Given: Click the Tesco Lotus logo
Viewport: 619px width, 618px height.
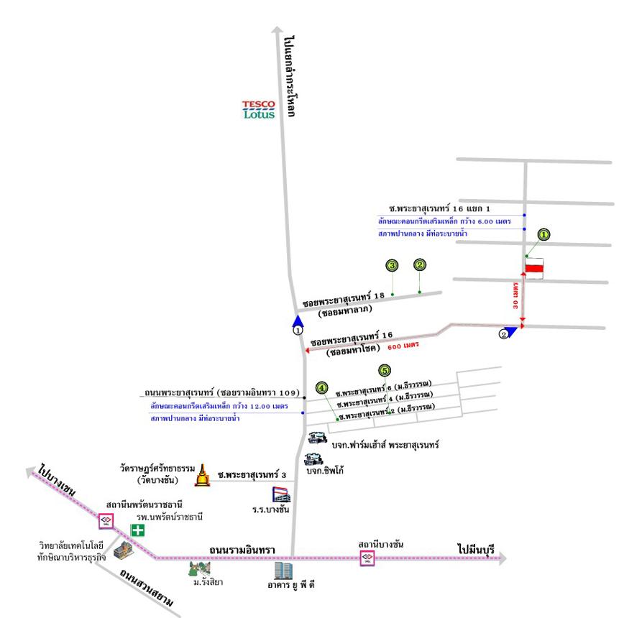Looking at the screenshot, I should pyautogui.click(x=258, y=109).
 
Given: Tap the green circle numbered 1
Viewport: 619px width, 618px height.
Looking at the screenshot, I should pyautogui.click(x=544, y=234).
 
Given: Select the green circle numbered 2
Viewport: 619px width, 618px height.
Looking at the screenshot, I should pyautogui.click(x=420, y=264).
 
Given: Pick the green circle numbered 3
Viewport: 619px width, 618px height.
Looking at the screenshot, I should pyautogui.click(x=392, y=266).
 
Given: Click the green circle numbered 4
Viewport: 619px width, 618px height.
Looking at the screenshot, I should pyautogui.click(x=322, y=388).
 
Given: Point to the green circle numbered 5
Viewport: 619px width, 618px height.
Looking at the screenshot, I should pyautogui.click(x=385, y=370).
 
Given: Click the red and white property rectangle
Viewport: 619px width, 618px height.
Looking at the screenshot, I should pyautogui.click(x=534, y=267).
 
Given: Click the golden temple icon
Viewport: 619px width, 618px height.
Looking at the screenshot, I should pyautogui.click(x=204, y=474).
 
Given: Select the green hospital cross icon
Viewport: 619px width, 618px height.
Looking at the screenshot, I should pyautogui.click(x=137, y=530).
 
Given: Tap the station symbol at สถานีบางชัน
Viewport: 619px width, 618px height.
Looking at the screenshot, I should pyautogui.click(x=367, y=557).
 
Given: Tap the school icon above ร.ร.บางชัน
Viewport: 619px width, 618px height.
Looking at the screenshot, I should pyautogui.click(x=281, y=494).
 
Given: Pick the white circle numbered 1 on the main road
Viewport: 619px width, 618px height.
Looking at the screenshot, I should pyautogui.click(x=298, y=331).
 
